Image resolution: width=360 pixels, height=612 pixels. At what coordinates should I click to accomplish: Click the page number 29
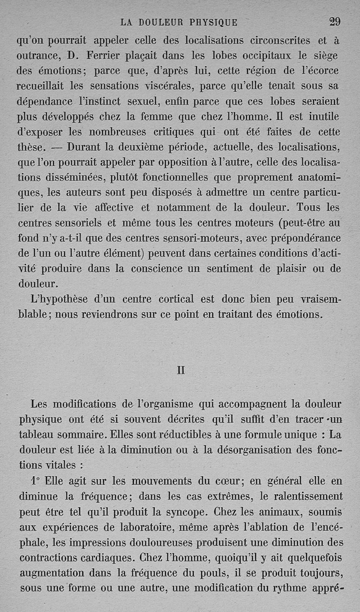[x=335, y=22]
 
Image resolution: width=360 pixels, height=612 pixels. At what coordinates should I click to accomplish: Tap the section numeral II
[x=181, y=371]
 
